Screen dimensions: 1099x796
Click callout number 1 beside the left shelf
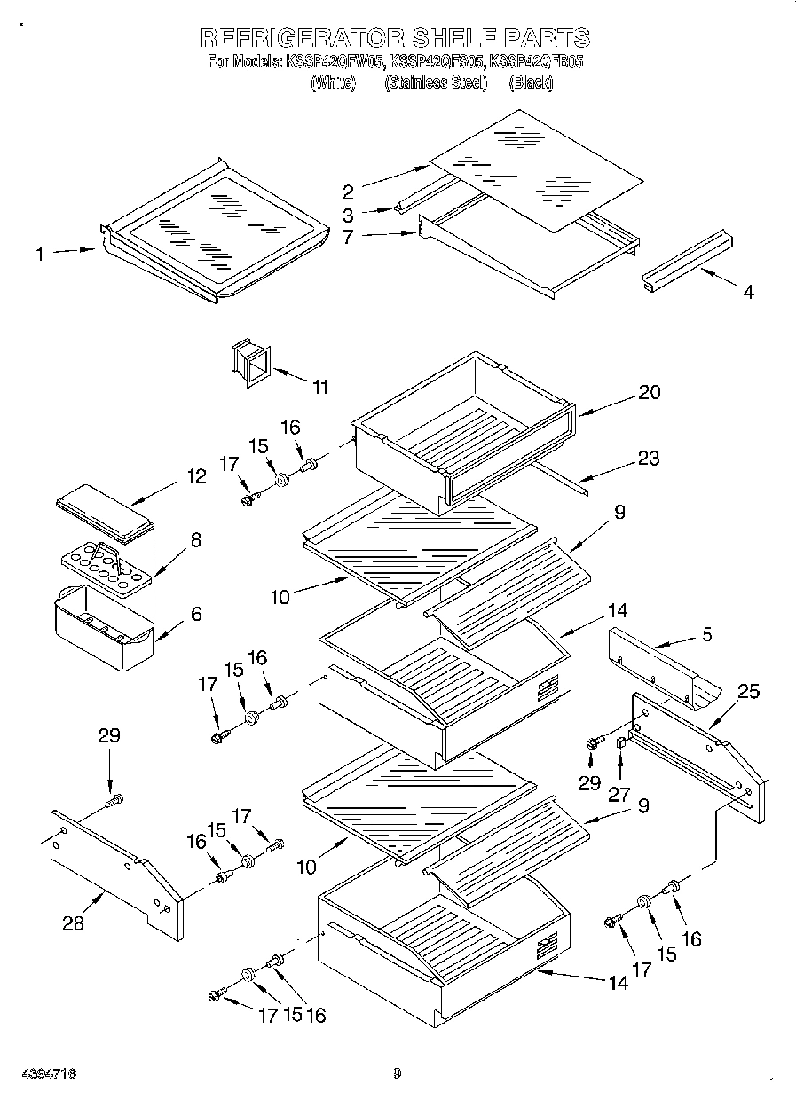[x=40, y=255]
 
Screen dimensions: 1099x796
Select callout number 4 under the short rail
[x=748, y=292]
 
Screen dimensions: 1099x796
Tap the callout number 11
[x=320, y=387]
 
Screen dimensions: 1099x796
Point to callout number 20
[x=650, y=392]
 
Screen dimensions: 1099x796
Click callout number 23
[x=650, y=459]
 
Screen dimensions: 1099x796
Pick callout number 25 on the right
[x=748, y=691]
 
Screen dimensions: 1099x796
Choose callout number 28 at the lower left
[x=73, y=923]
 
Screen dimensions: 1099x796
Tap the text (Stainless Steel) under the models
[x=435, y=82]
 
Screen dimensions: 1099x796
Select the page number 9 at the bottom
[x=397, y=1074]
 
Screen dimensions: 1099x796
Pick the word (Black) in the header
[x=531, y=82]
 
